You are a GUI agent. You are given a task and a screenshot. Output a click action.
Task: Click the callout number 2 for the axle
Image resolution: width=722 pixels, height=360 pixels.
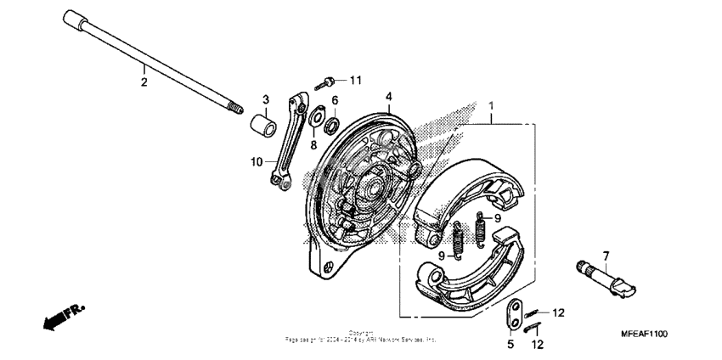[x=144, y=82]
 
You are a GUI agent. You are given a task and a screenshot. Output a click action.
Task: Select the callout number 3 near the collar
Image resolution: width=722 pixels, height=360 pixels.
[x=266, y=100]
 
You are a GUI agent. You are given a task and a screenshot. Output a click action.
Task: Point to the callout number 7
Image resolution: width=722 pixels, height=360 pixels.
[x=606, y=256]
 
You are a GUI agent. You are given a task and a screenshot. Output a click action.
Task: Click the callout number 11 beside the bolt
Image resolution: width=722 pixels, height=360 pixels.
[x=355, y=80]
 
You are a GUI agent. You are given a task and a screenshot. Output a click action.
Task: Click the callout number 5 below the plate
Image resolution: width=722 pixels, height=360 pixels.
[x=511, y=346]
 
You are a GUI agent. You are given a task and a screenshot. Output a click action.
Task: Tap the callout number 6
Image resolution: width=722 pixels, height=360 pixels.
[x=334, y=100]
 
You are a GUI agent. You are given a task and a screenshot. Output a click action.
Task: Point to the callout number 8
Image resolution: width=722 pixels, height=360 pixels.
[x=313, y=145]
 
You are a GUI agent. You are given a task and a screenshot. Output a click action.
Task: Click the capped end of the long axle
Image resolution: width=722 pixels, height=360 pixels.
[x=73, y=20]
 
